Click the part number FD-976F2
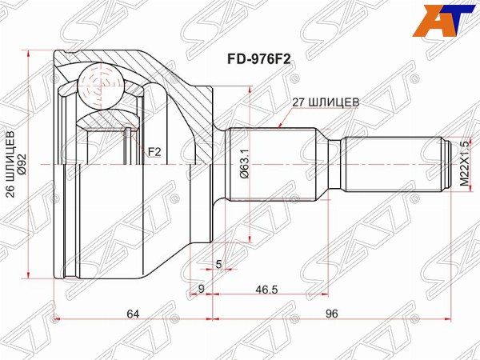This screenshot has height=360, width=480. pos(258,59)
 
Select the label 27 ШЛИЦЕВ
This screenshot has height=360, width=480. pos(326,102)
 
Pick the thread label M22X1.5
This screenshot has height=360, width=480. pos(464,164)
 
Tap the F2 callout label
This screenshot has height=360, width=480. pos(154,152)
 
